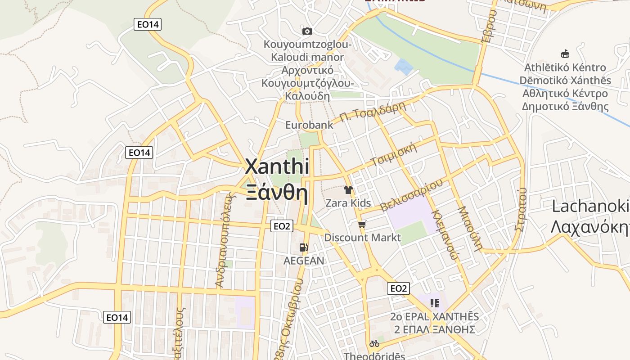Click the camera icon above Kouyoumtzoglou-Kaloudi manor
tap(307, 31)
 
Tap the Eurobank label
tap(309, 125)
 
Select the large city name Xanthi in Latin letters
tap(277, 167)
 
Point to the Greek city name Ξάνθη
tap(277, 193)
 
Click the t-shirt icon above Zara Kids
tap(348, 190)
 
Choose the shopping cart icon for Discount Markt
tap(362, 224)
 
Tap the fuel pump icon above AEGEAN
tap(304, 247)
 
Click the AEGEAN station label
tap(304, 261)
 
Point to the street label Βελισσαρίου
tap(411, 195)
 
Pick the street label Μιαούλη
tap(470, 228)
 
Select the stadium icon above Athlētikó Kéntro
tap(565, 54)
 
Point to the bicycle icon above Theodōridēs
tap(374, 343)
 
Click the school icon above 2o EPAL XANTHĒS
tap(434, 303)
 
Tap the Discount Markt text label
tap(362, 237)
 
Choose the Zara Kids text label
tap(348, 203)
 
